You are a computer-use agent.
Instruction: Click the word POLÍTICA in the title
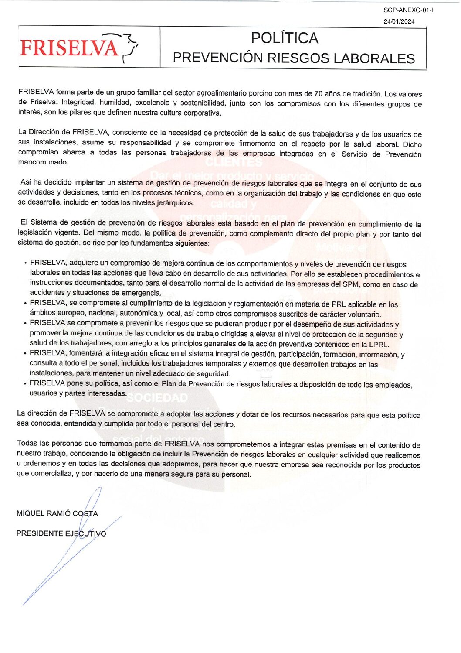click(285, 38)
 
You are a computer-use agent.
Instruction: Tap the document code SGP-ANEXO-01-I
click(408, 10)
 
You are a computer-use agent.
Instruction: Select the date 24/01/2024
click(399, 21)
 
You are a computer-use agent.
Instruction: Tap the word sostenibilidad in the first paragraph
click(203, 103)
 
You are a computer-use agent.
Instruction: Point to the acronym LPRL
click(379, 345)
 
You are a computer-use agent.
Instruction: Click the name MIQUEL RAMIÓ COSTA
click(57, 513)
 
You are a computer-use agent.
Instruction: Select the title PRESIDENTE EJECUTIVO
click(61, 533)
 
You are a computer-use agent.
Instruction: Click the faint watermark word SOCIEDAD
click(157, 398)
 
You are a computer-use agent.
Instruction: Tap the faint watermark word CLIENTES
click(234, 162)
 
